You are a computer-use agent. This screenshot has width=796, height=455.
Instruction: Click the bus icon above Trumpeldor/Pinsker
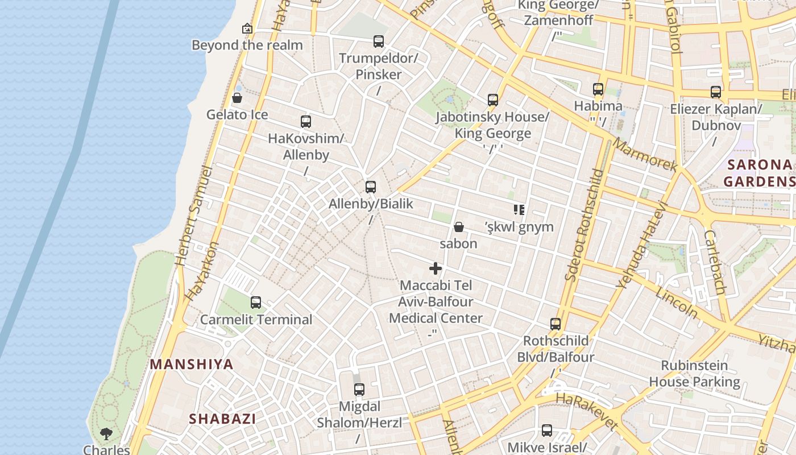(x=379, y=41)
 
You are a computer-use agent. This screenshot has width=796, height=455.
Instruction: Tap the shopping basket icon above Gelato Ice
(x=237, y=98)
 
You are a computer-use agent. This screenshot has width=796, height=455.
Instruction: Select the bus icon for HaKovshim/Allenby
(x=306, y=121)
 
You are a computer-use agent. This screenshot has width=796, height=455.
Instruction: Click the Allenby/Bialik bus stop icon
(x=371, y=187)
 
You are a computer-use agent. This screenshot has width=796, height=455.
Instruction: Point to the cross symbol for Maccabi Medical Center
(x=436, y=268)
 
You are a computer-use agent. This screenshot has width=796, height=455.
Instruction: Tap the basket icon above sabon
(x=459, y=227)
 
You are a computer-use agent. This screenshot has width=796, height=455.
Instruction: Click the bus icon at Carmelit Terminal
(x=256, y=303)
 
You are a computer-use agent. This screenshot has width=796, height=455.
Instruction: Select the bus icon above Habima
(x=598, y=89)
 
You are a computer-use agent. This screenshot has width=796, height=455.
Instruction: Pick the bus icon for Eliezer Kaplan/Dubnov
(x=716, y=92)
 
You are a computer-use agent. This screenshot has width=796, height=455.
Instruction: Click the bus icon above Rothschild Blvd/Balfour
(x=555, y=324)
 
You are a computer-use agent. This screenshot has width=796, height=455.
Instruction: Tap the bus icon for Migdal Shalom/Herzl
(x=359, y=390)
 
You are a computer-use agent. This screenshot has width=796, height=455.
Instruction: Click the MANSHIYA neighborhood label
(x=192, y=365)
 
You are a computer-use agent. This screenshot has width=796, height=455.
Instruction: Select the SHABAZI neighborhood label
(x=222, y=419)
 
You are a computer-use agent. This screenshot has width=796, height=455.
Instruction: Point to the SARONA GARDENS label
(x=757, y=173)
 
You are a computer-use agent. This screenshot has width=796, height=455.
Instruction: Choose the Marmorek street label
(x=645, y=154)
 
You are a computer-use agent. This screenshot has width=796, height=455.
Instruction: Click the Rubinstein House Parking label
(x=694, y=373)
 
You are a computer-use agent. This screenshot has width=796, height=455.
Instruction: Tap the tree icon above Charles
(x=106, y=434)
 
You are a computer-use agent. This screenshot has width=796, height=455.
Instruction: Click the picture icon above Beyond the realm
(x=247, y=28)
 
